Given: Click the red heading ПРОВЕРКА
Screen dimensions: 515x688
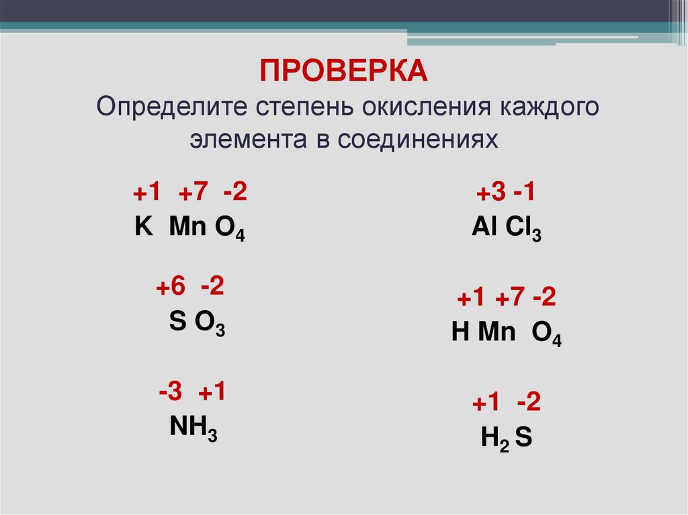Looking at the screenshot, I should pos(343,71).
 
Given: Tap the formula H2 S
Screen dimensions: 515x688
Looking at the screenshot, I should pos(506,438).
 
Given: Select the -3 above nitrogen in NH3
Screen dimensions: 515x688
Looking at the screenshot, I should pos(171,392).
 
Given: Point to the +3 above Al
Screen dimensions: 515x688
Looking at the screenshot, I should pos(490,193).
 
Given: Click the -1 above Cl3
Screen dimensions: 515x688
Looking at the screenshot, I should pos(523,193).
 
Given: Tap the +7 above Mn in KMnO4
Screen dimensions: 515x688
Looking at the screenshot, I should pos(193,193).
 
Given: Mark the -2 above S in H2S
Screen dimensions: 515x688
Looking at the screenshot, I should pos(529,403).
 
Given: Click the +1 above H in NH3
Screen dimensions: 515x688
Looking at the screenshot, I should pos(210,392).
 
